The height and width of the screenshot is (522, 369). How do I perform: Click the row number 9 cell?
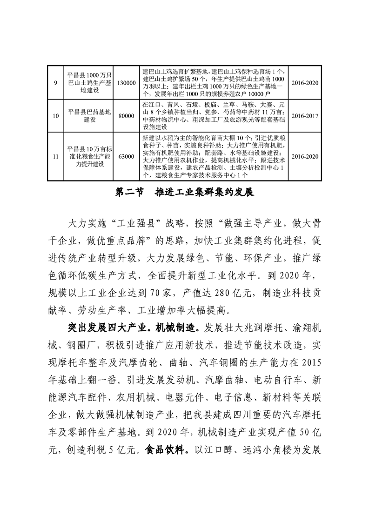pos(56,83)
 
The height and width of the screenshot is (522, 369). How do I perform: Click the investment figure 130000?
pos(126,83)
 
